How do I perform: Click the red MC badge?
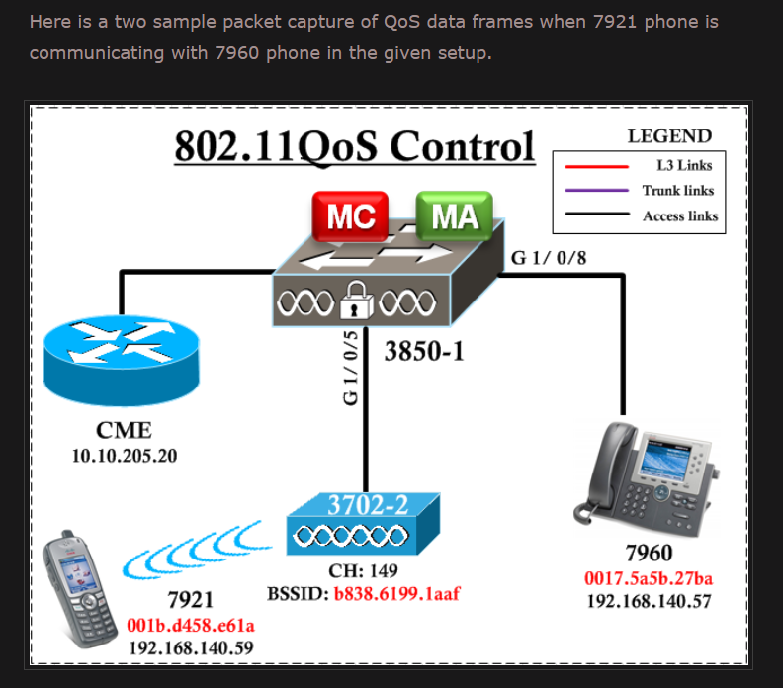(350, 216)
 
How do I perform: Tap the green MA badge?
(454, 215)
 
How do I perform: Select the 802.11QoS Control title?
(354, 146)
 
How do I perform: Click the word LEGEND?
(669, 136)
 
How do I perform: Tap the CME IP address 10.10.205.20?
(124, 456)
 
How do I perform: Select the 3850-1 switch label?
(424, 351)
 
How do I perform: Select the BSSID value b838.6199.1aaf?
(396, 593)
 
